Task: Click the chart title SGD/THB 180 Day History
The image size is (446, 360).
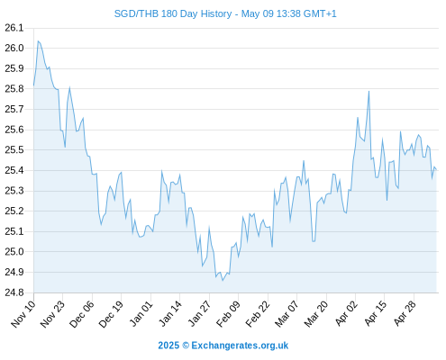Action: [173, 14]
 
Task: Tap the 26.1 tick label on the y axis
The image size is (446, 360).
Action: [14, 28]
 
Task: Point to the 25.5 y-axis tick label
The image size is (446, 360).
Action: [14, 150]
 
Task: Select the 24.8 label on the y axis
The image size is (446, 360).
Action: [14, 292]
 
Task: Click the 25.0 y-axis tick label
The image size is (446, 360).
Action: [14, 252]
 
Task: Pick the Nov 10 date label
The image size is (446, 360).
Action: [23, 314]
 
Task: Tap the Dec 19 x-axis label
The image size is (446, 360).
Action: [111, 314]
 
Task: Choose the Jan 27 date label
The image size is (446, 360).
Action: [199, 314]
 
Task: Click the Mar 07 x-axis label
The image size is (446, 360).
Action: [287, 314]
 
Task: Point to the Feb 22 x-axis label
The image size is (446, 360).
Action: [258, 314]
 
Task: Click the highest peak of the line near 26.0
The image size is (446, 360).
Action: [38, 40]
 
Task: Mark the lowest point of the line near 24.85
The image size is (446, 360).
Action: [223, 281]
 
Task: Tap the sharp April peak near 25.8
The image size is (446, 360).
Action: [369, 91]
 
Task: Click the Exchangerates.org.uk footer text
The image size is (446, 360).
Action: [240, 346]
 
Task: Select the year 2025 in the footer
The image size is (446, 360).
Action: [168, 346]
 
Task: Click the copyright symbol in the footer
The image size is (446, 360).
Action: [186, 346]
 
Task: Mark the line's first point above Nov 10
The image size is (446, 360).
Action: [33, 85]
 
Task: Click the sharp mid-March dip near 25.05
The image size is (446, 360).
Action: [314, 241]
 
